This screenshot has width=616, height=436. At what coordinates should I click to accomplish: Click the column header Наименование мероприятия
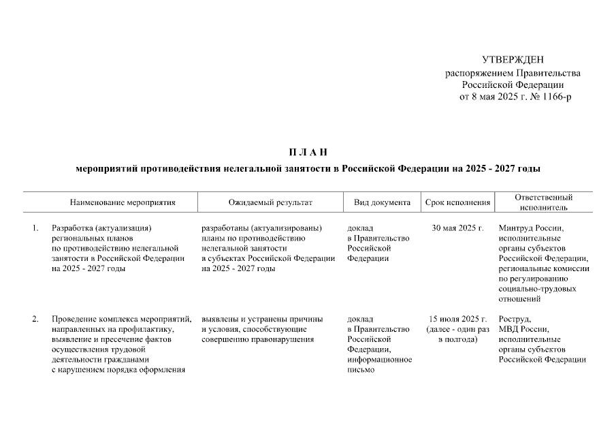(x=123, y=202)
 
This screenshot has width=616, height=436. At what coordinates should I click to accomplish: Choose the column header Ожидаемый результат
(x=270, y=202)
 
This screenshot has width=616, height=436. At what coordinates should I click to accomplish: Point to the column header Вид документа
(x=382, y=202)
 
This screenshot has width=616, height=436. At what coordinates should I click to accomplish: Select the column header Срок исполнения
(x=457, y=202)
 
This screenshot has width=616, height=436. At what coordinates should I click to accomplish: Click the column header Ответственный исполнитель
(x=544, y=202)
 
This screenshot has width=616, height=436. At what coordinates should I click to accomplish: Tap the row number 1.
(x=35, y=228)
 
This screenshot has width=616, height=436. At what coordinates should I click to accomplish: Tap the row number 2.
(x=35, y=319)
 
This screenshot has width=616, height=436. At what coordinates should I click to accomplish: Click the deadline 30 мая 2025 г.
(x=457, y=228)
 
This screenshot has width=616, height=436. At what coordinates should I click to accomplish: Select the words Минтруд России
(x=531, y=228)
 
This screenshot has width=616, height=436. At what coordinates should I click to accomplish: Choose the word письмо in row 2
(x=361, y=370)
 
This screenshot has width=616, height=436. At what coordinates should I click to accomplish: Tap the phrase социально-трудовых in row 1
(x=537, y=289)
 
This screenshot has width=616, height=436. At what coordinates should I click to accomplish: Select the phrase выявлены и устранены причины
(x=262, y=319)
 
